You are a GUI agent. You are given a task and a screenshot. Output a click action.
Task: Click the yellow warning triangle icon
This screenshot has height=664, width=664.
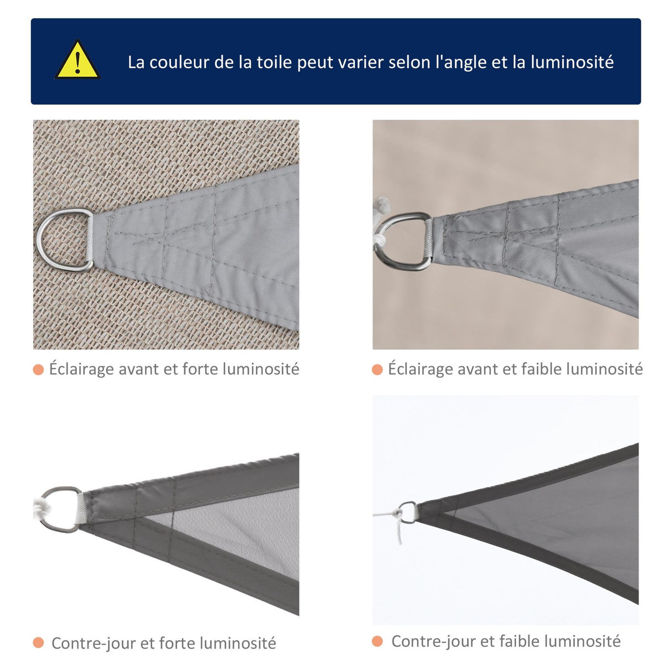[x=77, y=60]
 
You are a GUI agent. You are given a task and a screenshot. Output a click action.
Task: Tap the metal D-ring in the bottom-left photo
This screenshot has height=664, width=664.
[x=60, y=509]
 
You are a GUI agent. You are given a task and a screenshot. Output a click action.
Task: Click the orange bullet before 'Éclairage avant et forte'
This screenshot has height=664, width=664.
[x=38, y=369]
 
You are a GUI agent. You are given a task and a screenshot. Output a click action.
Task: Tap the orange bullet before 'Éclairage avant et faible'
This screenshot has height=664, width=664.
[x=377, y=369]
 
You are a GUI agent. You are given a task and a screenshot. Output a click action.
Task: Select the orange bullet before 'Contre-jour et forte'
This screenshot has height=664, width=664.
[x=38, y=643]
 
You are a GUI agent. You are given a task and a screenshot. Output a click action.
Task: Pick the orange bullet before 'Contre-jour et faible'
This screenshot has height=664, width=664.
[x=377, y=641]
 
